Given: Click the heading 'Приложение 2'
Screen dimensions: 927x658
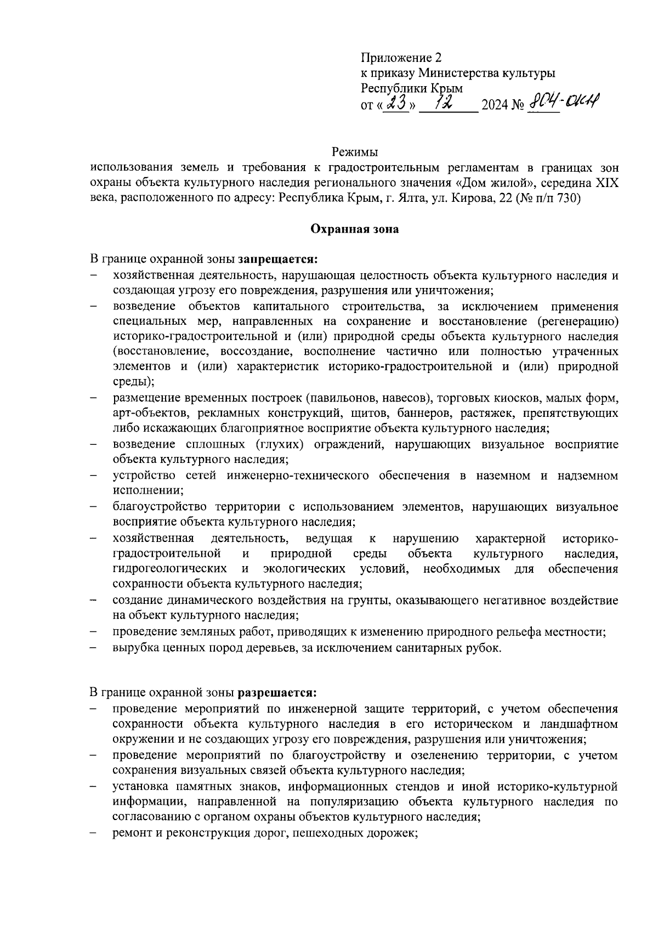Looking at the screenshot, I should point(401,58).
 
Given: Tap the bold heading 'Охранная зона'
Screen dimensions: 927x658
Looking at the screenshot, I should point(355,229).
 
